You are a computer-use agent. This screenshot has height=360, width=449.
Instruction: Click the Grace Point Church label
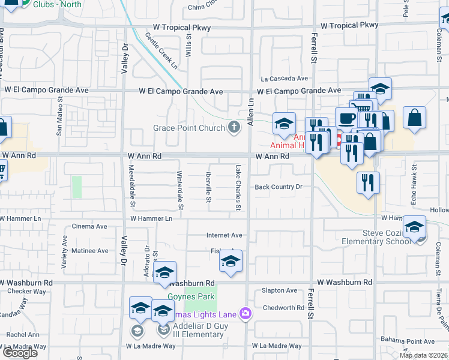(188, 128)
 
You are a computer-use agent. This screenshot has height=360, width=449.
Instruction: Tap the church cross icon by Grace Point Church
(234, 127)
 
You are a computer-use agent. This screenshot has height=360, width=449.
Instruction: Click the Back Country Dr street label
(279, 187)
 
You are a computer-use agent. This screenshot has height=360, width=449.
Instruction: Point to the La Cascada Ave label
(284, 79)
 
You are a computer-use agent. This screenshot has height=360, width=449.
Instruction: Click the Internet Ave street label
(224, 235)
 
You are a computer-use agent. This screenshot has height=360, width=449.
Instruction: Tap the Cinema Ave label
(89, 226)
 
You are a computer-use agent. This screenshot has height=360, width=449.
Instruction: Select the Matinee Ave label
(90, 250)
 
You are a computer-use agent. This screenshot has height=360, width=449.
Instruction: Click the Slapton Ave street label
(279, 290)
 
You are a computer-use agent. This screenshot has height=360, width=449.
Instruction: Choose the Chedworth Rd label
(283, 308)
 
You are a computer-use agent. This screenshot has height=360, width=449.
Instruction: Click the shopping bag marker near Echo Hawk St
(414, 118)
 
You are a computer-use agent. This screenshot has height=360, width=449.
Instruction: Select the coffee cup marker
(346, 118)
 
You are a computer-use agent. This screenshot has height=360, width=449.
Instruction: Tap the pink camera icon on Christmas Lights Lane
(245, 313)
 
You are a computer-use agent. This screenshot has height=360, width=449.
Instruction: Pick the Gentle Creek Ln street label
(160, 50)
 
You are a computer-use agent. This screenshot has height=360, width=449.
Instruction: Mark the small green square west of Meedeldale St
(76, 187)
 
